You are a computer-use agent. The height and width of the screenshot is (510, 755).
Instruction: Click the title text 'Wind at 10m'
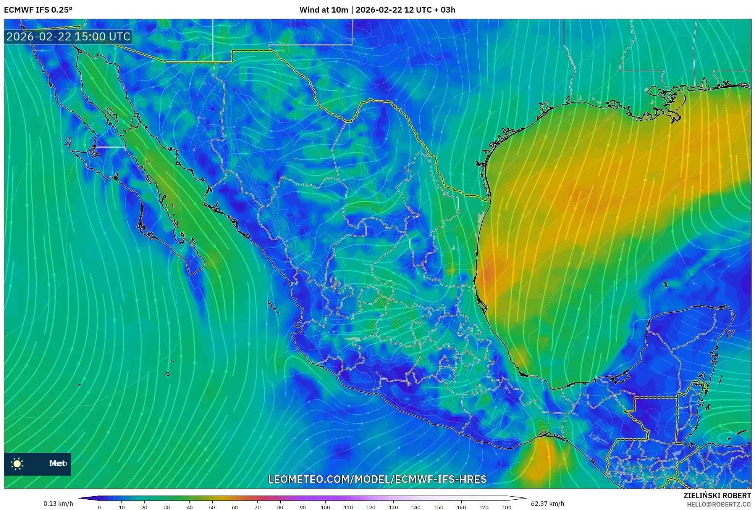[323, 10]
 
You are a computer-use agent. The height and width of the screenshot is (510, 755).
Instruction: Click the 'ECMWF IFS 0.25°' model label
[38, 10]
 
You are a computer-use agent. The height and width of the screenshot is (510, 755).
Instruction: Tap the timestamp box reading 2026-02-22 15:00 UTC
[68, 37]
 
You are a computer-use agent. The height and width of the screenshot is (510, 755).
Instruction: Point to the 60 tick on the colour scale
[234, 507]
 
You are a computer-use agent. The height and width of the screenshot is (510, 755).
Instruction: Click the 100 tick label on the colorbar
[325, 507]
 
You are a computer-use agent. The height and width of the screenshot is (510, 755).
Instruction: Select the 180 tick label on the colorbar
[506, 507]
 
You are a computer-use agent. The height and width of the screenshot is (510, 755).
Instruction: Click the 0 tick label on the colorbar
[99, 507]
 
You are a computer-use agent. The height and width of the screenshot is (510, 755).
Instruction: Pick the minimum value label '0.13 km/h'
[58, 504]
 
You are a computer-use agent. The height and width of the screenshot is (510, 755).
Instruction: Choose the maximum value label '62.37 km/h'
[547, 504]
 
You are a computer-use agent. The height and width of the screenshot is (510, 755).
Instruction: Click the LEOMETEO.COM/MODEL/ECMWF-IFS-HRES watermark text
[377, 479]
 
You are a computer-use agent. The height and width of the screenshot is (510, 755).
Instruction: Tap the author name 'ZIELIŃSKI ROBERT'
[717, 496]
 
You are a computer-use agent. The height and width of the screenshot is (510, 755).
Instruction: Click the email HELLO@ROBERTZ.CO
[719, 504]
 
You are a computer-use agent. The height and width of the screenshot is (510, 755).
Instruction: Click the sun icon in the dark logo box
[17, 463]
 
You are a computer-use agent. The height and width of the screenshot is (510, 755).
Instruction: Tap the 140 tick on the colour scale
[416, 507]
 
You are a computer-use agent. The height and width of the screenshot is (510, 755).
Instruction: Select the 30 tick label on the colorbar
[167, 507]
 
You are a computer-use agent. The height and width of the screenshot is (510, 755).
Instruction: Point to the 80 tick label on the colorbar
[280, 507]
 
